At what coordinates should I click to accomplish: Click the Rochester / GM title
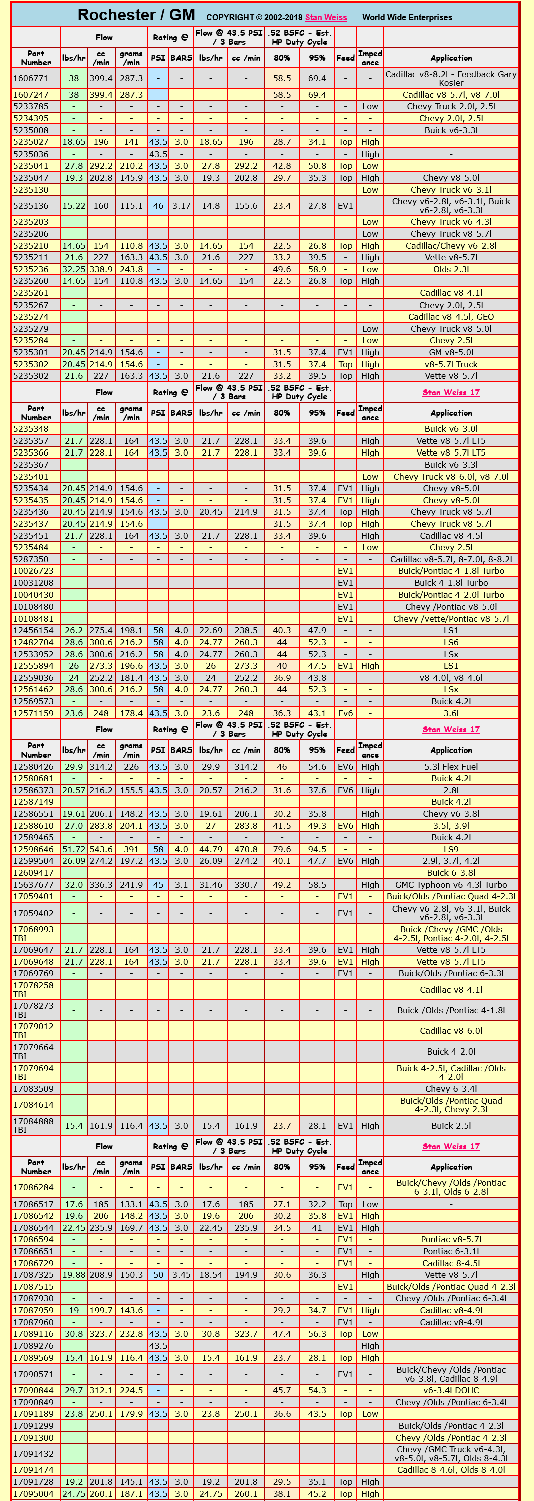pyautogui.click(x=136, y=15)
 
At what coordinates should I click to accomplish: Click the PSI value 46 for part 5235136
pyautogui.click(x=158, y=206)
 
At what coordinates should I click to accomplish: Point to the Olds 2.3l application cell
pyautogui.click(x=451, y=269)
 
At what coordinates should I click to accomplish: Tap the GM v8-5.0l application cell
pyautogui.click(x=451, y=352)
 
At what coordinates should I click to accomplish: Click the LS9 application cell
pyautogui.click(x=451, y=849)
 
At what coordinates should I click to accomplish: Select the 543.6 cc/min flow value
pyautogui.click(x=101, y=849)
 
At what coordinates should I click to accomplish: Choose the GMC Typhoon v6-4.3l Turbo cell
pyautogui.click(x=451, y=884)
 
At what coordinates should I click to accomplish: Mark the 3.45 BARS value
pyautogui.click(x=181, y=1274)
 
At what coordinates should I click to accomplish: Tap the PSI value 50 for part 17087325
pyautogui.click(x=158, y=1274)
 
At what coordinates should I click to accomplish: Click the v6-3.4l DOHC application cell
pyautogui.click(x=451, y=1390)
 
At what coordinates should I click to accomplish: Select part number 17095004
pyautogui.click(x=33, y=1493)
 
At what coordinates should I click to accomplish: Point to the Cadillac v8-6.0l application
pyautogui.click(x=451, y=1031)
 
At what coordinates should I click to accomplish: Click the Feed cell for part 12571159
pyautogui.click(x=345, y=713)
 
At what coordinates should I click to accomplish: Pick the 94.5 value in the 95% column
pyautogui.click(x=317, y=849)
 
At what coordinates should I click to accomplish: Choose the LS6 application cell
pyautogui.click(x=451, y=642)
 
